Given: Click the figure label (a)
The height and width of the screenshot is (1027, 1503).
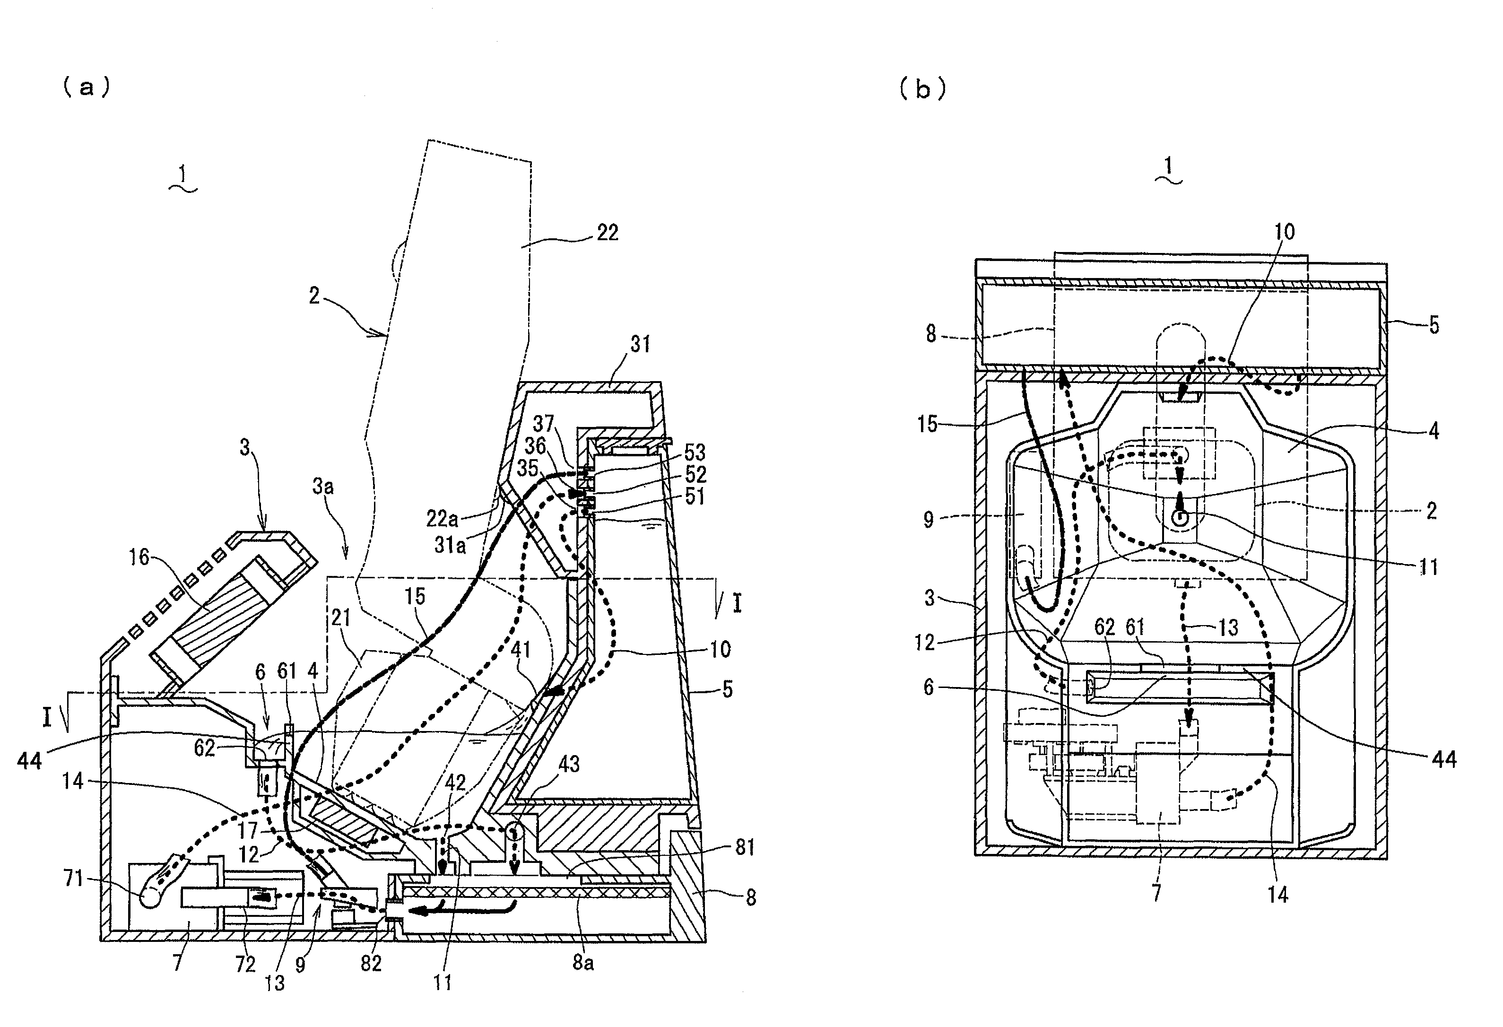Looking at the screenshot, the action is tap(86, 87).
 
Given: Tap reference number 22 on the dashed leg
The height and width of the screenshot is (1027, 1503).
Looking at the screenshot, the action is tap(607, 232).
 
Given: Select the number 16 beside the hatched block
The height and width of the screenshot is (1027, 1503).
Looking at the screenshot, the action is tap(139, 557).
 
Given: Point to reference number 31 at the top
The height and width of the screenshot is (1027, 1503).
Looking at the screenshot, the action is tap(640, 344).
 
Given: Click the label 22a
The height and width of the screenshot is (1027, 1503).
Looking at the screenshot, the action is tap(443, 518).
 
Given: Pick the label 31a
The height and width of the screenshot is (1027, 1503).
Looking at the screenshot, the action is tap(450, 545).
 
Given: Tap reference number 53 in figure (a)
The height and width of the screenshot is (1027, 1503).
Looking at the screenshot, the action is tap(695, 452).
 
